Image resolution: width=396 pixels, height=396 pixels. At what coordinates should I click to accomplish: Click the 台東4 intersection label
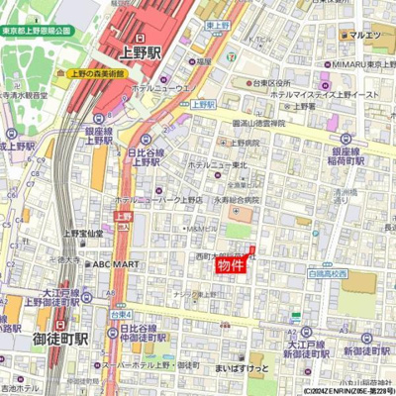[119, 313]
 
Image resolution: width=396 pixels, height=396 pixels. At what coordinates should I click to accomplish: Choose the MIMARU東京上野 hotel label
[362, 64]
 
